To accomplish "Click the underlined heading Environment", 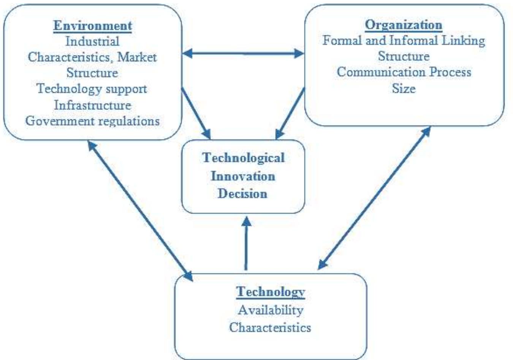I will click(x=92, y=25).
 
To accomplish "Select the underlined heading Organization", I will click(x=404, y=25).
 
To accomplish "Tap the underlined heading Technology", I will click(x=270, y=292).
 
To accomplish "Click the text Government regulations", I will click(x=92, y=121).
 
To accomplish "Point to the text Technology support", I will click(x=92, y=89).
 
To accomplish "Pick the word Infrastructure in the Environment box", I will click(x=92, y=105).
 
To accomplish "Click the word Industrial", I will click(x=92, y=41).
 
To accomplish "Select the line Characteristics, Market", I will click(x=92, y=57).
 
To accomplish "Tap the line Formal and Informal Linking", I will click(x=404, y=40).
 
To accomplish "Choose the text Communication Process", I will click(x=404, y=72).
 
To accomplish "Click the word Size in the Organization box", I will click(x=404, y=89).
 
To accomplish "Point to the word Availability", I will click(x=270, y=310).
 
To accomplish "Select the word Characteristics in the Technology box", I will click(x=270, y=327).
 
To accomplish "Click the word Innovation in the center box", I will click(x=243, y=176).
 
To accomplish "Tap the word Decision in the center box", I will click(x=243, y=193).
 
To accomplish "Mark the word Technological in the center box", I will click(x=243, y=158).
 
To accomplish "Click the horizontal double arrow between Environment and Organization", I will click(x=243, y=54).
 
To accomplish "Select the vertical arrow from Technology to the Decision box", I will click(x=246, y=243).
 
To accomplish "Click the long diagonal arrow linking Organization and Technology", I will click(x=374, y=198).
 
